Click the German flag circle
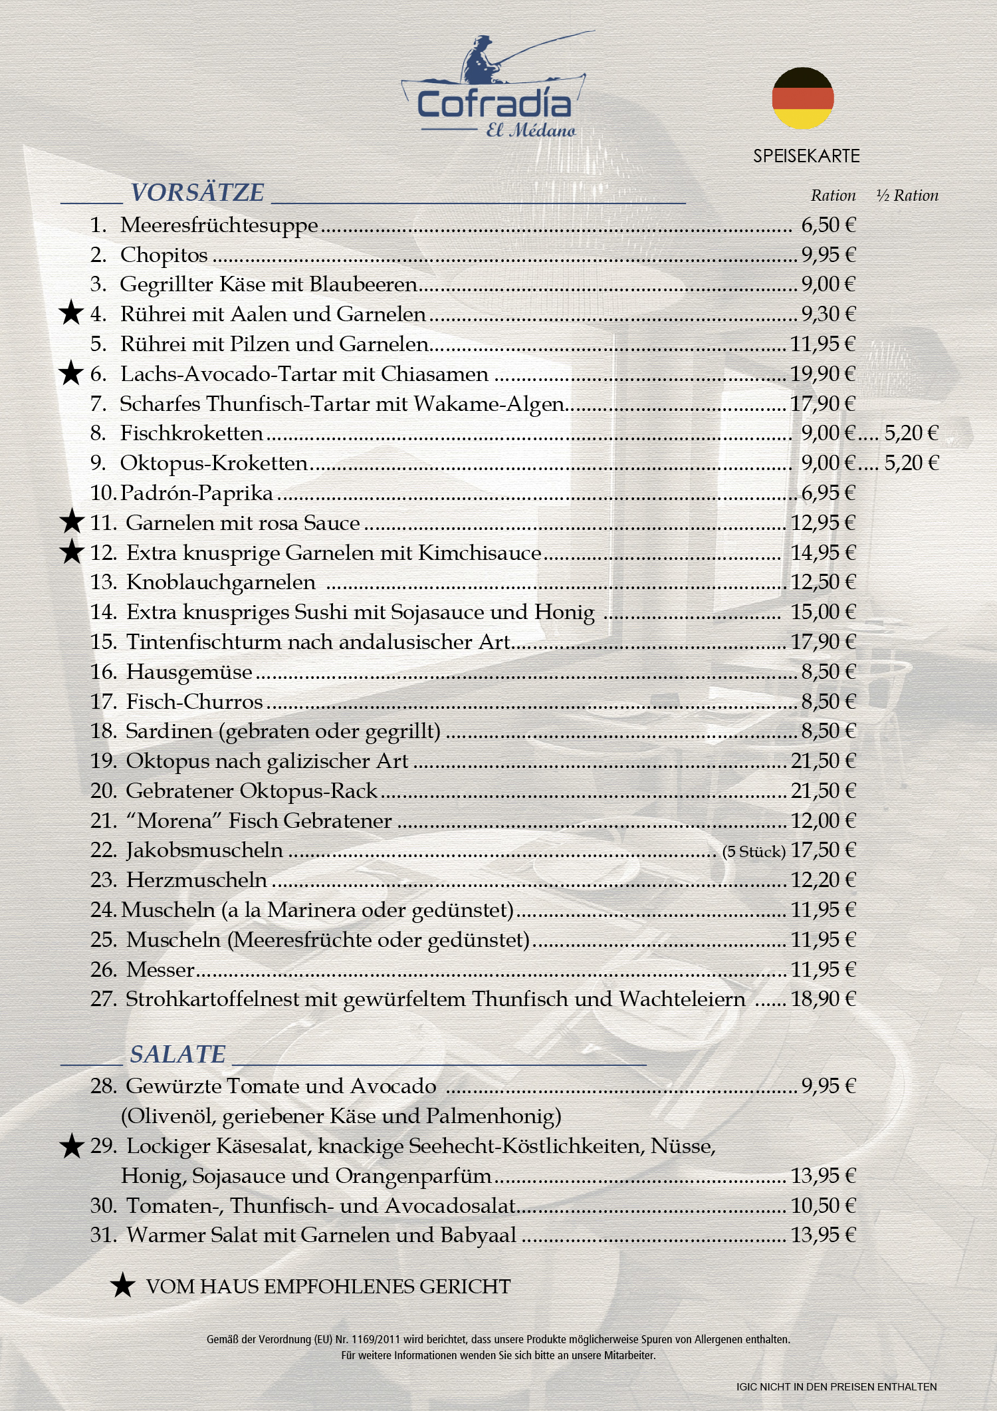click(x=802, y=98)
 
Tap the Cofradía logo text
click(x=494, y=105)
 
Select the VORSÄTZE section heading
click(x=197, y=193)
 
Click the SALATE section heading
click(x=177, y=1055)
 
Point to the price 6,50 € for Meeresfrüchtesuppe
click(x=828, y=225)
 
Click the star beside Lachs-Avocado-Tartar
click(x=71, y=374)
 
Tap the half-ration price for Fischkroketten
click(x=911, y=434)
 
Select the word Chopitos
click(x=164, y=255)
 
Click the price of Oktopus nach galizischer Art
click(x=822, y=761)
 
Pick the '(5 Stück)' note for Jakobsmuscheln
click(x=754, y=852)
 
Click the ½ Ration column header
click(x=907, y=195)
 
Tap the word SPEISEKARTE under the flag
click(x=806, y=156)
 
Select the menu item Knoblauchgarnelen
click(x=221, y=582)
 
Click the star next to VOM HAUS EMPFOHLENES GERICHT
click(x=122, y=1286)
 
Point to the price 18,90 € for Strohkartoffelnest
click(x=822, y=999)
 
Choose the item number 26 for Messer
click(x=104, y=969)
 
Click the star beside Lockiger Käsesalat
click(x=71, y=1146)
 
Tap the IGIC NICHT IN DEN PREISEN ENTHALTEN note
click(x=836, y=1387)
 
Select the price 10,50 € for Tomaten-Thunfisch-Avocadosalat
click(x=822, y=1206)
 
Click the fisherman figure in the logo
click(x=480, y=61)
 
